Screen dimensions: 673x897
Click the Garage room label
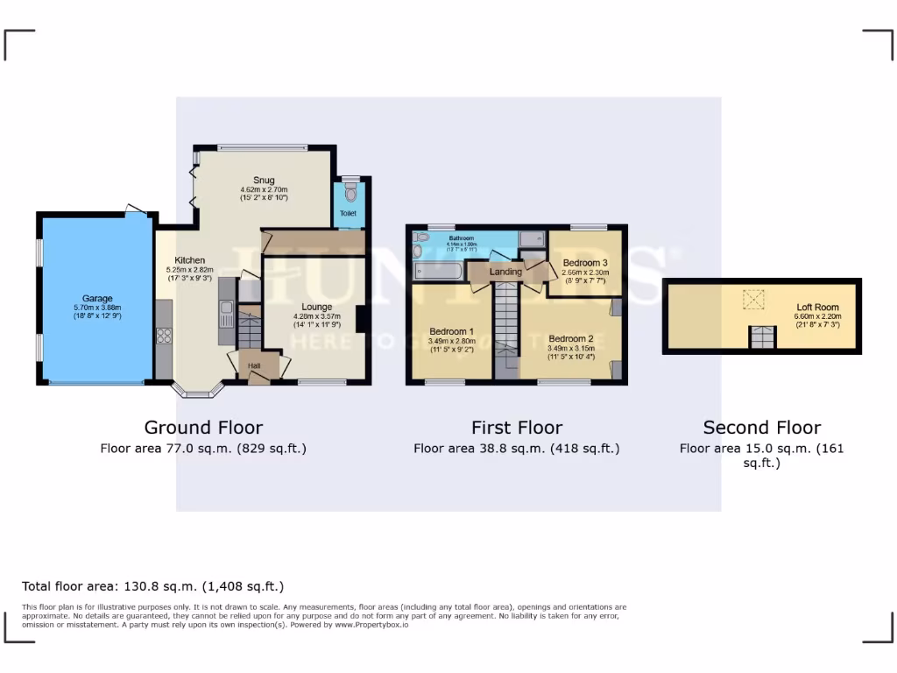97,299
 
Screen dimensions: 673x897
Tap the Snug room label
264,181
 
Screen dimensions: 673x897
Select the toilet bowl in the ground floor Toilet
350,192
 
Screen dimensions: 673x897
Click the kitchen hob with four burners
164,336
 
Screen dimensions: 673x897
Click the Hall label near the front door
254,365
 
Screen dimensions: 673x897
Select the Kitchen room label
189,260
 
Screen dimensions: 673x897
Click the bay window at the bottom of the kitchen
200,391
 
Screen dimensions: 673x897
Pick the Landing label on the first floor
505,272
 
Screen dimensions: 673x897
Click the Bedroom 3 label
585,263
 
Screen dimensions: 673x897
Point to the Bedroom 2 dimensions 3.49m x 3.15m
570,348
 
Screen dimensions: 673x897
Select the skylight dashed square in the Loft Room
753,301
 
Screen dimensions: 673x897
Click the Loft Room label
816,308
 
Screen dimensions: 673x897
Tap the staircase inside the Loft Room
762,337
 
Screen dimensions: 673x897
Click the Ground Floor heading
203,428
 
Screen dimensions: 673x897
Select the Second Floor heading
761,428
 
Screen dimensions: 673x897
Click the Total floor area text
152,586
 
